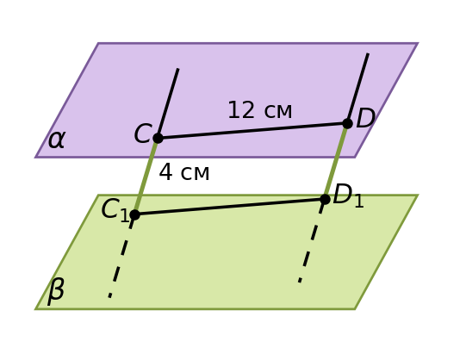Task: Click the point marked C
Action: click(158, 138)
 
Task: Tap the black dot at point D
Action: click(347, 123)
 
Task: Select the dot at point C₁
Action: click(134, 214)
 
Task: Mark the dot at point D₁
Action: click(325, 199)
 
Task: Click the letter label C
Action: click(143, 133)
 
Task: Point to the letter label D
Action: click(365, 118)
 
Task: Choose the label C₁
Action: click(115, 210)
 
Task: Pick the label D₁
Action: click(348, 196)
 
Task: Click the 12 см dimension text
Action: click(260, 110)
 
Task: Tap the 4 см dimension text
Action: click(184, 172)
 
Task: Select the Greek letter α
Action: click(56, 140)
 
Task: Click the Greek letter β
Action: click(56, 291)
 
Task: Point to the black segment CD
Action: click(252, 131)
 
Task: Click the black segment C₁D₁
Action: click(230, 207)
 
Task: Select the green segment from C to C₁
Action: click(146, 177)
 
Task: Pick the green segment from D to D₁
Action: click(336, 161)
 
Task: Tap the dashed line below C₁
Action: click(122, 256)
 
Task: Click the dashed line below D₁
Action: click(312, 241)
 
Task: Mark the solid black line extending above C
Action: click(168, 103)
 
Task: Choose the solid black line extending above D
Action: click(357, 88)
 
